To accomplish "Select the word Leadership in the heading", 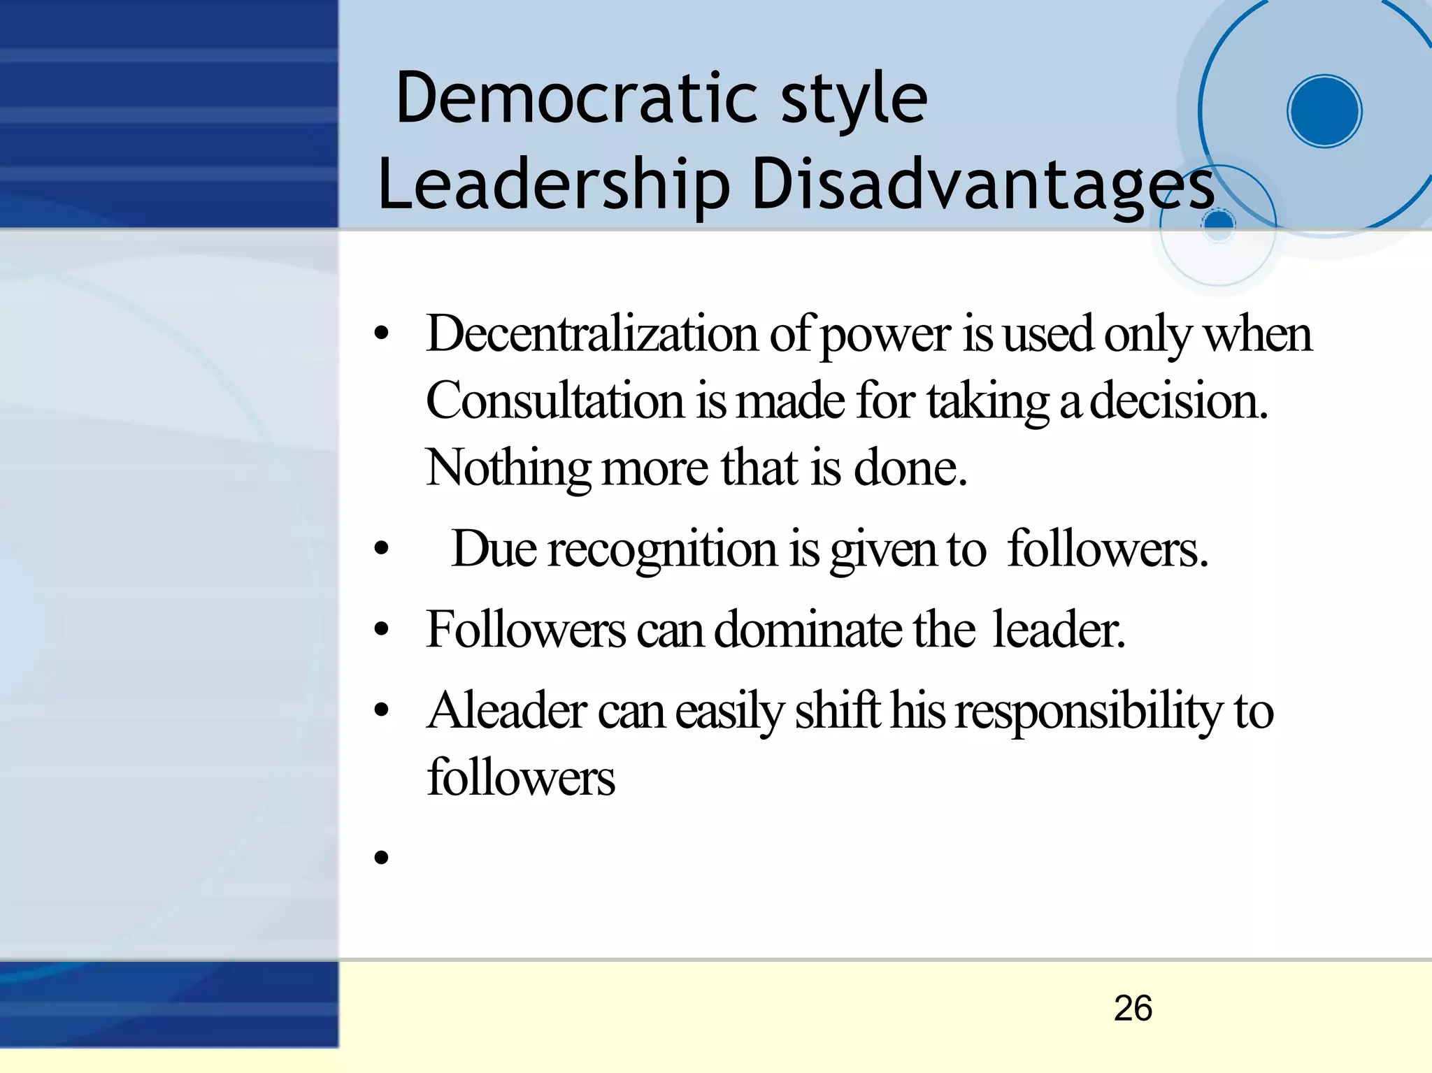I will click(x=553, y=185).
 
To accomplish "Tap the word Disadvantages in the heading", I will click(x=983, y=185).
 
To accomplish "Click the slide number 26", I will click(x=1133, y=1008).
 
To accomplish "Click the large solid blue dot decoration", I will click(x=1324, y=111).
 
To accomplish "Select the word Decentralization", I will click(x=592, y=333).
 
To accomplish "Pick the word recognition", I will click(x=662, y=549).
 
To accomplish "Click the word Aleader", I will click(x=507, y=711).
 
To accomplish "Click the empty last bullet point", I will click(x=381, y=856).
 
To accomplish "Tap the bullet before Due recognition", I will click(x=381, y=549).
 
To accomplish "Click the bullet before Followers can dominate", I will click(x=381, y=630).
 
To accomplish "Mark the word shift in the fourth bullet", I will click(x=837, y=711).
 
